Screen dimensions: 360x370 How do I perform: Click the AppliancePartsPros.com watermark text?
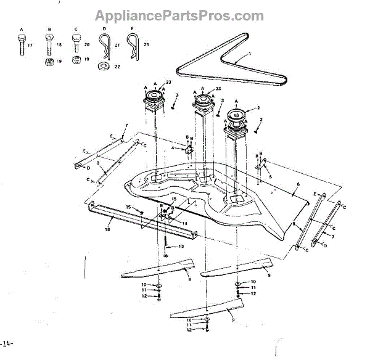point(179,15)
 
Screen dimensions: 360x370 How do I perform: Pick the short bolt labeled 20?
point(76,43)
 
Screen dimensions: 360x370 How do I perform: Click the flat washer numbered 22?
point(103,65)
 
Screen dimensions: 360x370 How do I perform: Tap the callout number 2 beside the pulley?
point(266,108)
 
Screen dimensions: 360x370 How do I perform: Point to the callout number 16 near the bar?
point(107,228)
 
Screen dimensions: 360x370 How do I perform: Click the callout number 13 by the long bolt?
point(181,246)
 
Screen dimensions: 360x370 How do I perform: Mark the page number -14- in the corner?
point(6,343)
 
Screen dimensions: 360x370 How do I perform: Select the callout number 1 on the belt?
point(250,55)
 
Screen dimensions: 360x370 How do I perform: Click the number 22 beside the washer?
point(117,66)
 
